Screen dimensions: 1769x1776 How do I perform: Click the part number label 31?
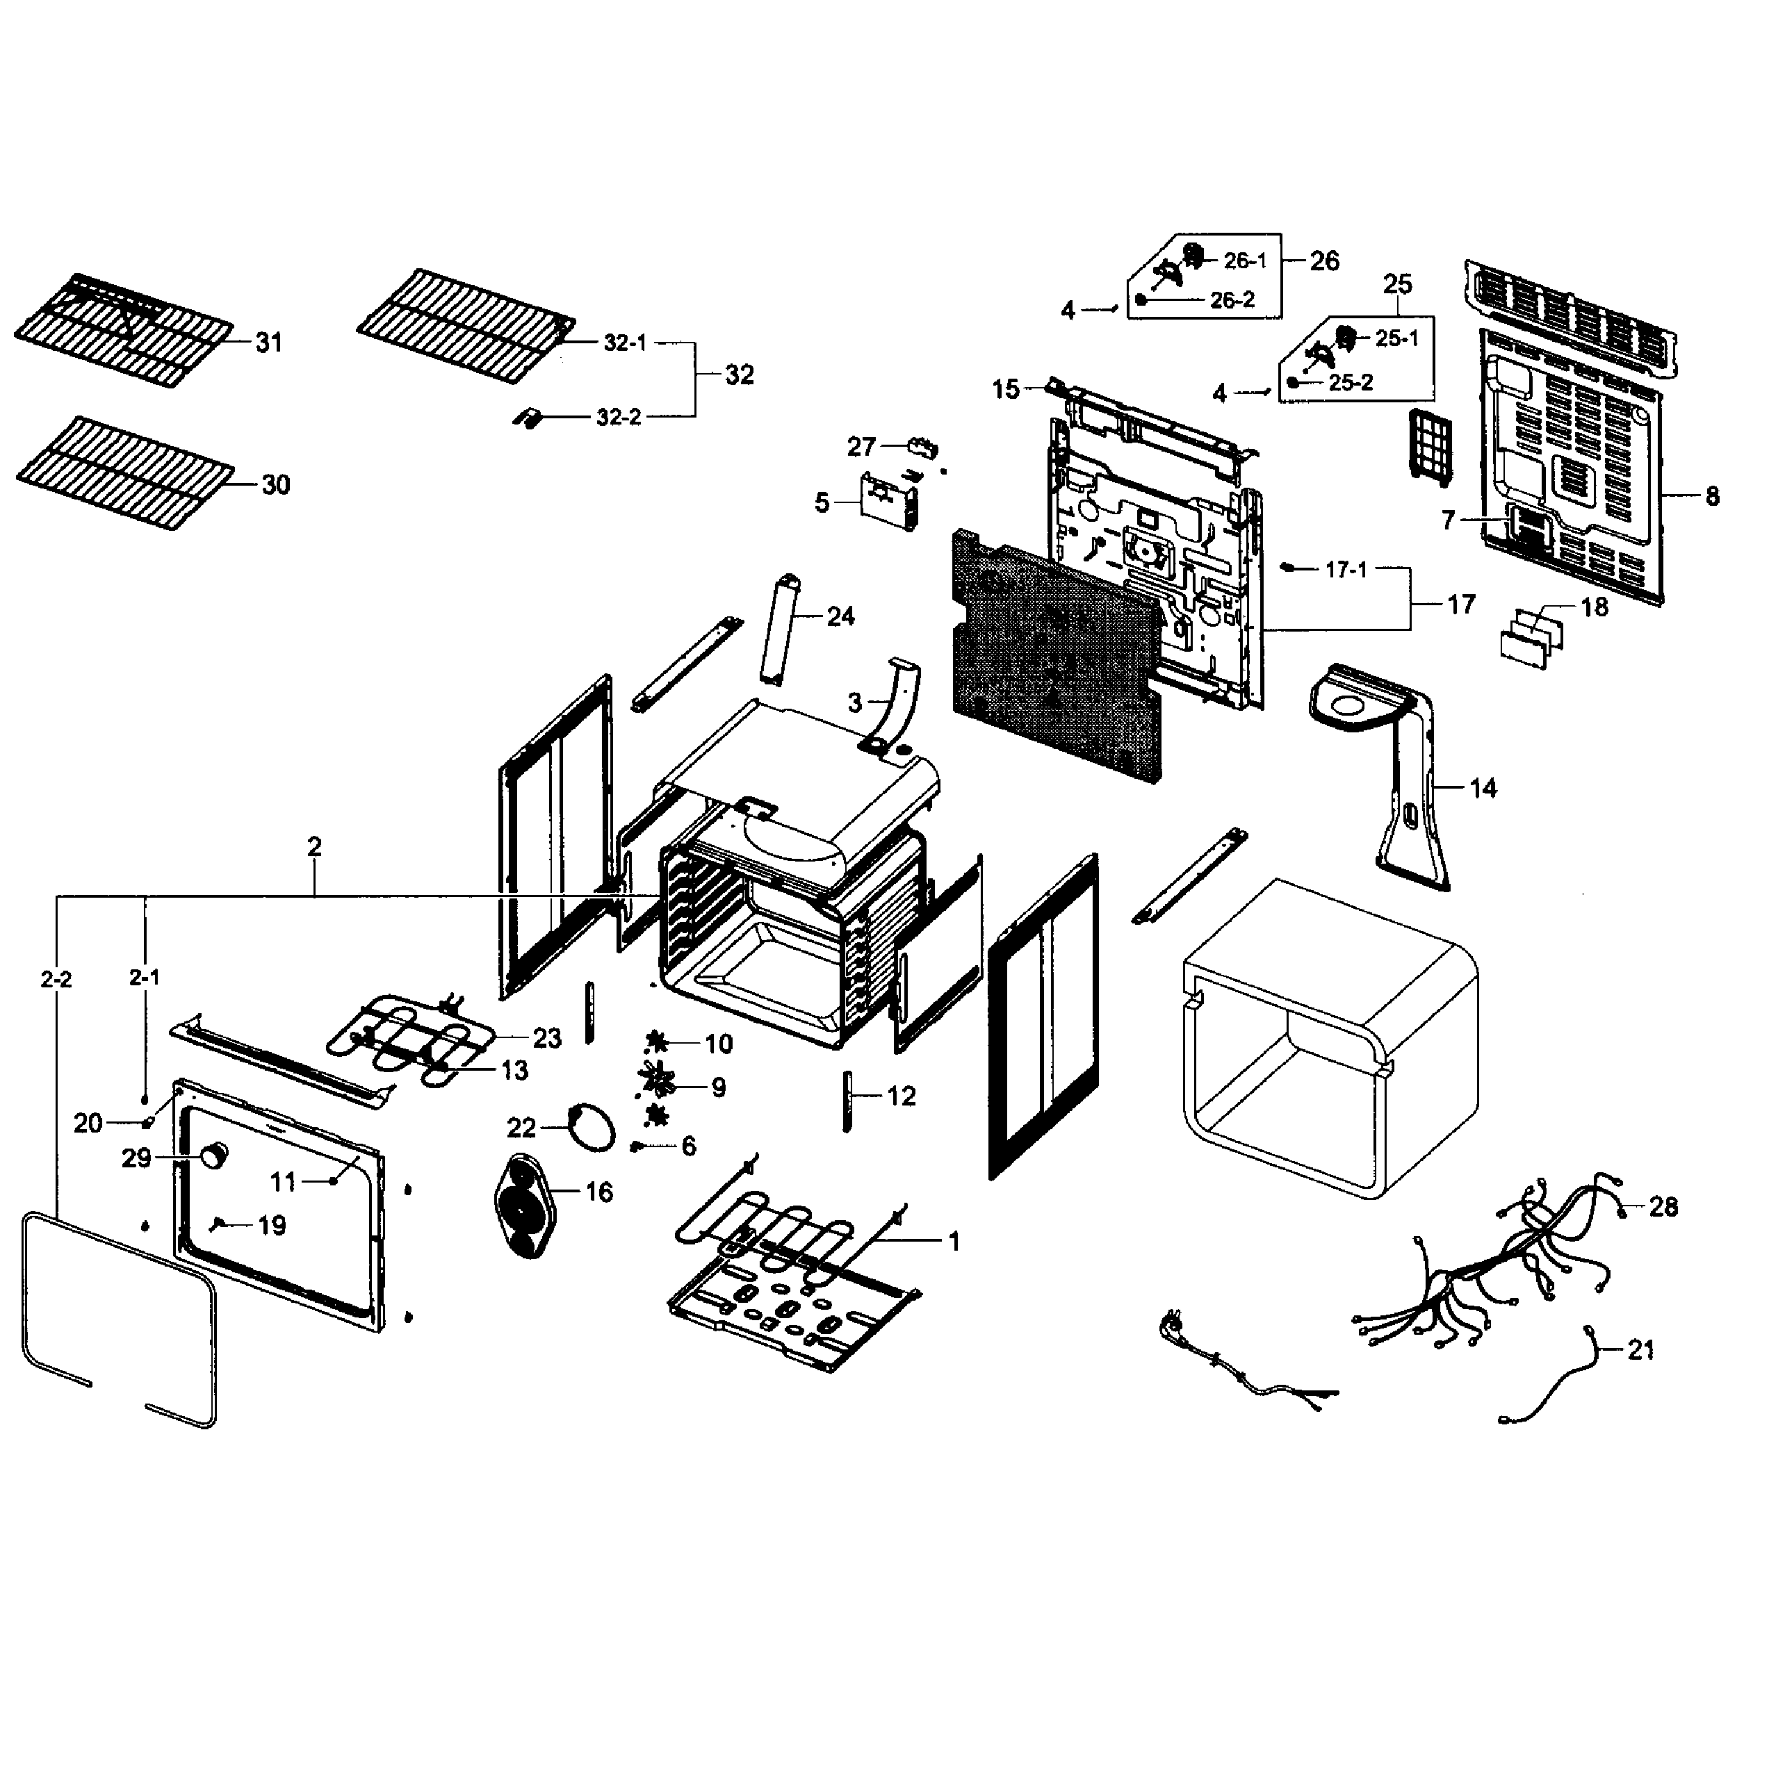(268, 343)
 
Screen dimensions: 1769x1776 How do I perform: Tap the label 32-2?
(618, 418)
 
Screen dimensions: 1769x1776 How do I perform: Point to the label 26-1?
(1245, 261)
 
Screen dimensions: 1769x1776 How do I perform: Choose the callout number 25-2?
(1350, 382)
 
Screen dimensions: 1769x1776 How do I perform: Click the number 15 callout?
(1005, 390)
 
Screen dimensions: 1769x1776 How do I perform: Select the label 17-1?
(1346, 570)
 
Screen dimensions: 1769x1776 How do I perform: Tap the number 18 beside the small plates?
(1595, 607)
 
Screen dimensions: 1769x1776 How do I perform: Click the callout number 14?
(1482, 788)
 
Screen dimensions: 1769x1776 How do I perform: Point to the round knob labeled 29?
(215, 1156)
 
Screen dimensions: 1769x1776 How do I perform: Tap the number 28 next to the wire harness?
(1663, 1206)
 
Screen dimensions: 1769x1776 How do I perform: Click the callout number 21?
(1641, 1349)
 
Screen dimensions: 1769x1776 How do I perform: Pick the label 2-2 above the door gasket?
(56, 980)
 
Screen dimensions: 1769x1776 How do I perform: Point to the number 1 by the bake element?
(954, 1242)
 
